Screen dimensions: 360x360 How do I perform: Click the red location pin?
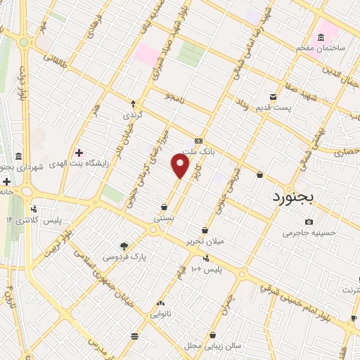(181, 166)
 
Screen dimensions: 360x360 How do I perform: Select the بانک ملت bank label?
(197, 150)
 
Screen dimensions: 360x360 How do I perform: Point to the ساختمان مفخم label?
(322, 47)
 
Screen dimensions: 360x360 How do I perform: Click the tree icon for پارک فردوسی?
(124, 245)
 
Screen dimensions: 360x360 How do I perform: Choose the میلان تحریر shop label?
(203, 241)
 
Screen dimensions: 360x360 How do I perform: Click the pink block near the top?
(147, 54)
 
